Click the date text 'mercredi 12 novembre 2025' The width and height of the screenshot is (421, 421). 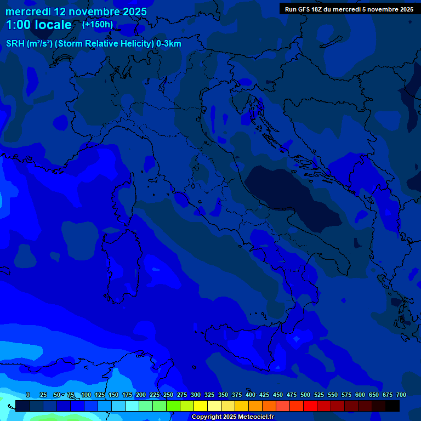pyautogui.click(x=76, y=12)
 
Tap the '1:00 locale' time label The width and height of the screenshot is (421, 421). pyautogui.click(x=39, y=25)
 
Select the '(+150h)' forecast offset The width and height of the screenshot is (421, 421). pyautogui.click(x=98, y=24)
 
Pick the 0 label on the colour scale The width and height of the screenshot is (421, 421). pyautogui.click(x=28, y=395)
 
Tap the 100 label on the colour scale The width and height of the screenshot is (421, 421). pyautogui.click(x=86, y=395)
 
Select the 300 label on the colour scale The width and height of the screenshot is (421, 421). pyautogui.click(x=196, y=395)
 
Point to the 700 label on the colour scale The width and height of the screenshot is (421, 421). pyautogui.click(x=401, y=395)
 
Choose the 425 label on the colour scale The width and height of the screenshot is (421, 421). pyautogui.click(x=264, y=395)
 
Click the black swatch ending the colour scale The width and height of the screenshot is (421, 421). pyautogui.click(x=392, y=406)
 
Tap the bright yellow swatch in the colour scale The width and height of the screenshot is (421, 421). pyautogui.click(x=201, y=406)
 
